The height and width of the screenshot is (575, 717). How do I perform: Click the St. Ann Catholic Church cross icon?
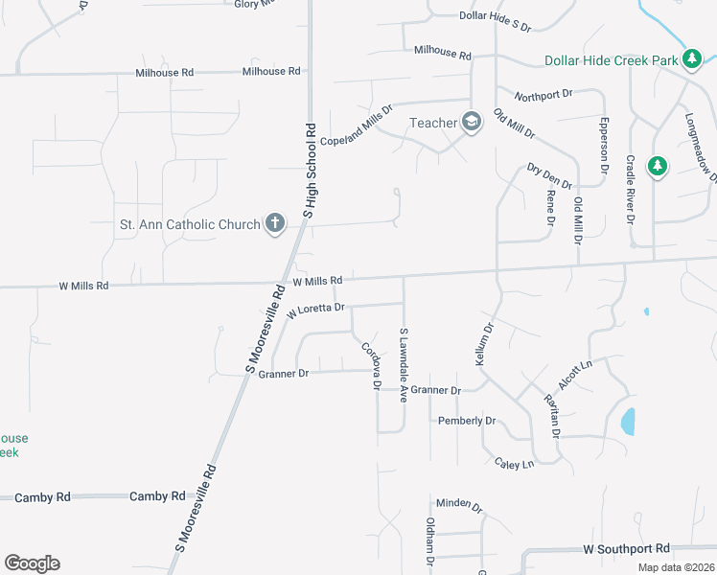(x=275, y=224)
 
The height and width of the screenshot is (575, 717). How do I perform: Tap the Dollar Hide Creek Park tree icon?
(x=691, y=59)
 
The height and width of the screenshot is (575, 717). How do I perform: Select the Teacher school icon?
(x=471, y=122)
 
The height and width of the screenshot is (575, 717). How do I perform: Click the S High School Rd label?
(x=311, y=170)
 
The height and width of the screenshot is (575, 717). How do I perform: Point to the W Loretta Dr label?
(x=315, y=310)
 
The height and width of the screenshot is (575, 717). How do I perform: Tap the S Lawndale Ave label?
(x=404, y=365)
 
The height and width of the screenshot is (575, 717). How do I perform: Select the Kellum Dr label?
(x=483, y=342)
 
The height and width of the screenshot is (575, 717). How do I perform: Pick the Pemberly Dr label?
(x=467, y=421)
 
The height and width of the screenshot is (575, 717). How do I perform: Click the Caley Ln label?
(x=514, y=464)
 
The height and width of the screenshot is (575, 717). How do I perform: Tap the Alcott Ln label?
(x=576, y=374)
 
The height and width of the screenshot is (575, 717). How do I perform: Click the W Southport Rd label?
(x=626, y=549)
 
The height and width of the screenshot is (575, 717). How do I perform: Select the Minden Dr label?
(x=458, y=503)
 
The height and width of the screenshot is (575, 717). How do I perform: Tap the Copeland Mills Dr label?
(x=357, y=126)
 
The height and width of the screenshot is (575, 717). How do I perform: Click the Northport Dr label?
(x=543, y=95)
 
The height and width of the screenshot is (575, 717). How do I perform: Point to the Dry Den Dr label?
(x=549, y=176)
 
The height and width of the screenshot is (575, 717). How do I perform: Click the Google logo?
(x=32, y=563)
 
